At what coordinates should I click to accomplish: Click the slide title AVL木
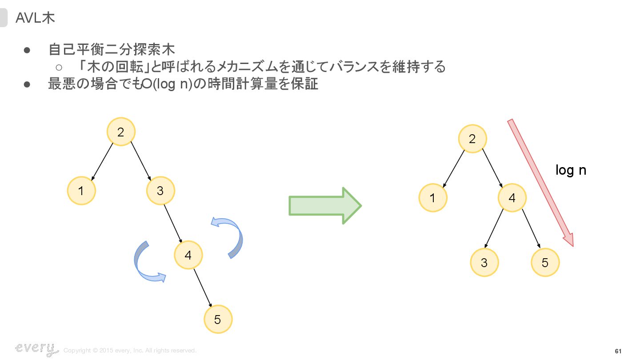(35, 18)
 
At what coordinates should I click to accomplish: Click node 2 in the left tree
(120, 132)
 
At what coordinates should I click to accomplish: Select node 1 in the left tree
(81, 191)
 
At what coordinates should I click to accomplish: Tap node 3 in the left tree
(160, 191)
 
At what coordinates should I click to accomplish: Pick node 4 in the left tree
(188, 255)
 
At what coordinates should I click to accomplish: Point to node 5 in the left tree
(217, 319)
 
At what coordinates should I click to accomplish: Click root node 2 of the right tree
(472, 139)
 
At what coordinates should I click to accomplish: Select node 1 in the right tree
(432, 198)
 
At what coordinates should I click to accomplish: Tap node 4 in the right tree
(512, 198)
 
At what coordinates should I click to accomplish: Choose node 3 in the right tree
(484, 263)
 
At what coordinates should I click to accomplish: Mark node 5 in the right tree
(545, 263)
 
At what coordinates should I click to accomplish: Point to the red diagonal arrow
(540, 182)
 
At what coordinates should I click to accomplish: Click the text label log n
(571, 170)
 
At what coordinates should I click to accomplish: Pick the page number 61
(618, 351)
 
